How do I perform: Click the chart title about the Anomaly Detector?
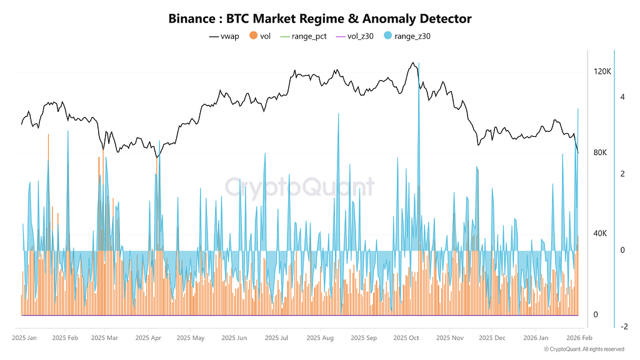click(319, 19)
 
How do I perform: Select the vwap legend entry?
click(224, 36)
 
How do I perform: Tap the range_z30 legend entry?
click(406, 36)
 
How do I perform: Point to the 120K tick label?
click(602, 72)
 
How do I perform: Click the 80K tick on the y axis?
click(600, 153)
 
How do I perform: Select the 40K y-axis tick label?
click(600, 234)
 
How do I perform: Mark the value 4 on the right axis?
click(622, 97)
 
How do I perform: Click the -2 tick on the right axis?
click(624, 327)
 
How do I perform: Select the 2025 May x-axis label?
click(190, 338)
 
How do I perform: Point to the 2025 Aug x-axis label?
click(320, 338)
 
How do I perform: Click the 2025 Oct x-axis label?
click(406, 338)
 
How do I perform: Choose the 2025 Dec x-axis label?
click(492, 338)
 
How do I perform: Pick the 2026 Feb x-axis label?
click(579, 338)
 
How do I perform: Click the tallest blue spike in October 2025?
click(418, 64)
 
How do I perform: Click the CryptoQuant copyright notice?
click(584, 349)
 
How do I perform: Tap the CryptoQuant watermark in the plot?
click(299, 187)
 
